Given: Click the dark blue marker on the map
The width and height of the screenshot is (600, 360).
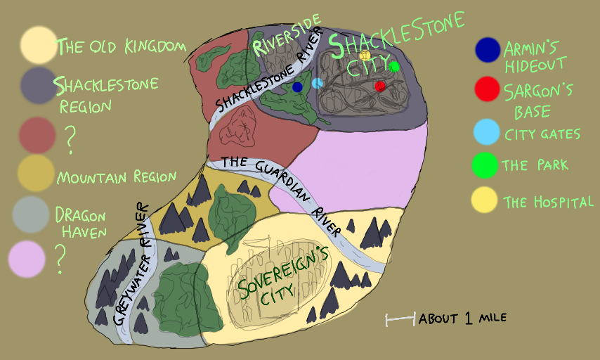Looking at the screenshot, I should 297,86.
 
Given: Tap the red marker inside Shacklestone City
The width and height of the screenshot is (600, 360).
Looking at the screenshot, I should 380,86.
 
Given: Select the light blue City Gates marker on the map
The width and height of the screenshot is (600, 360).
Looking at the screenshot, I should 318,83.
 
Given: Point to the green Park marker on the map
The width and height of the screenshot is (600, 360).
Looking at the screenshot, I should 394,66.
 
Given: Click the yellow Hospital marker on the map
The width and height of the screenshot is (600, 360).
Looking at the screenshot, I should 365,55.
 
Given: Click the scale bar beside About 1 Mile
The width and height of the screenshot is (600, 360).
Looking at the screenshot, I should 400,320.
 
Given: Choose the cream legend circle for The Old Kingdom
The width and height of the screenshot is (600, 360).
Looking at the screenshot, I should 38,44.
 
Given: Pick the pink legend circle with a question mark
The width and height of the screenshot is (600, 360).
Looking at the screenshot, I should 27,258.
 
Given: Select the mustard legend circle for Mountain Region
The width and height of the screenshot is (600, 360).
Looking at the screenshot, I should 37,173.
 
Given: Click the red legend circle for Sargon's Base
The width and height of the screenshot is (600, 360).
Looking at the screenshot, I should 487,89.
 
